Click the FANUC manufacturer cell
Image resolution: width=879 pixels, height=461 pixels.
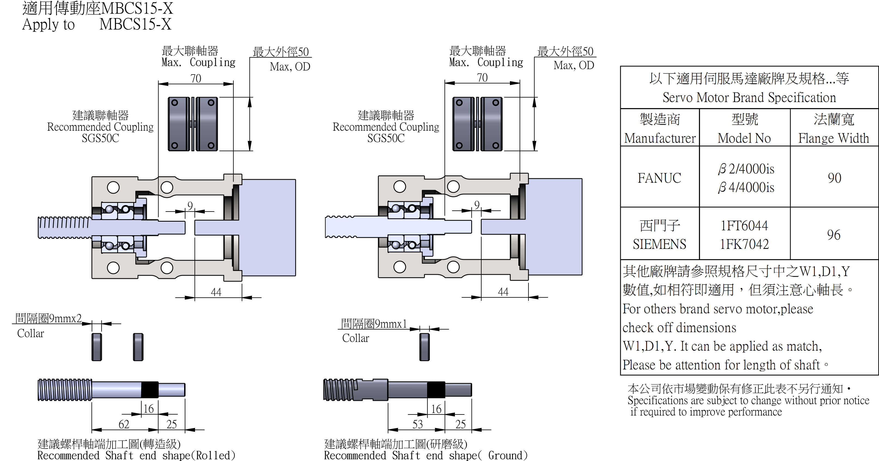coord(659,178)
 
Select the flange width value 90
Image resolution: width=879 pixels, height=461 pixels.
coord(834,178)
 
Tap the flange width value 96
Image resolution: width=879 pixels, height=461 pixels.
coord(834,235)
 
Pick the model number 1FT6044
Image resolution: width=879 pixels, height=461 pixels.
coord(744,225)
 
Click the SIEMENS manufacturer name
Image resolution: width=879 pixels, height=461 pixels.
coord(659,244)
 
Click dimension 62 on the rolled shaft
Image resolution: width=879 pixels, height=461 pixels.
coord(124,424)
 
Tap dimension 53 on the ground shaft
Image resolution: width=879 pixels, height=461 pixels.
coord(418,424)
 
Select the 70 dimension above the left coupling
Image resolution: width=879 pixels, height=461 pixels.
coord(196,78)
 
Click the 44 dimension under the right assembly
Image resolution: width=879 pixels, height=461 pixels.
coord(503,292)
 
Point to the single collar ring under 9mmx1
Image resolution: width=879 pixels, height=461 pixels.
coord(424,347)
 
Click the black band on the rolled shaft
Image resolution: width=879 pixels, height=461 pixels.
coord(150,390)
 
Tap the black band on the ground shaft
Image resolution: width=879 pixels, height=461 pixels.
coord(436,390)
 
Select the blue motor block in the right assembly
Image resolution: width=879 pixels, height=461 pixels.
coord(553,227)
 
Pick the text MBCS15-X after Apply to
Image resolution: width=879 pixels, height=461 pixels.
coord(135,24)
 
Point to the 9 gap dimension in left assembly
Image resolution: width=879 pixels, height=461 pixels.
coord(190,205)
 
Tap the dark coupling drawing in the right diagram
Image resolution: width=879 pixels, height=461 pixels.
coord(477,124)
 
